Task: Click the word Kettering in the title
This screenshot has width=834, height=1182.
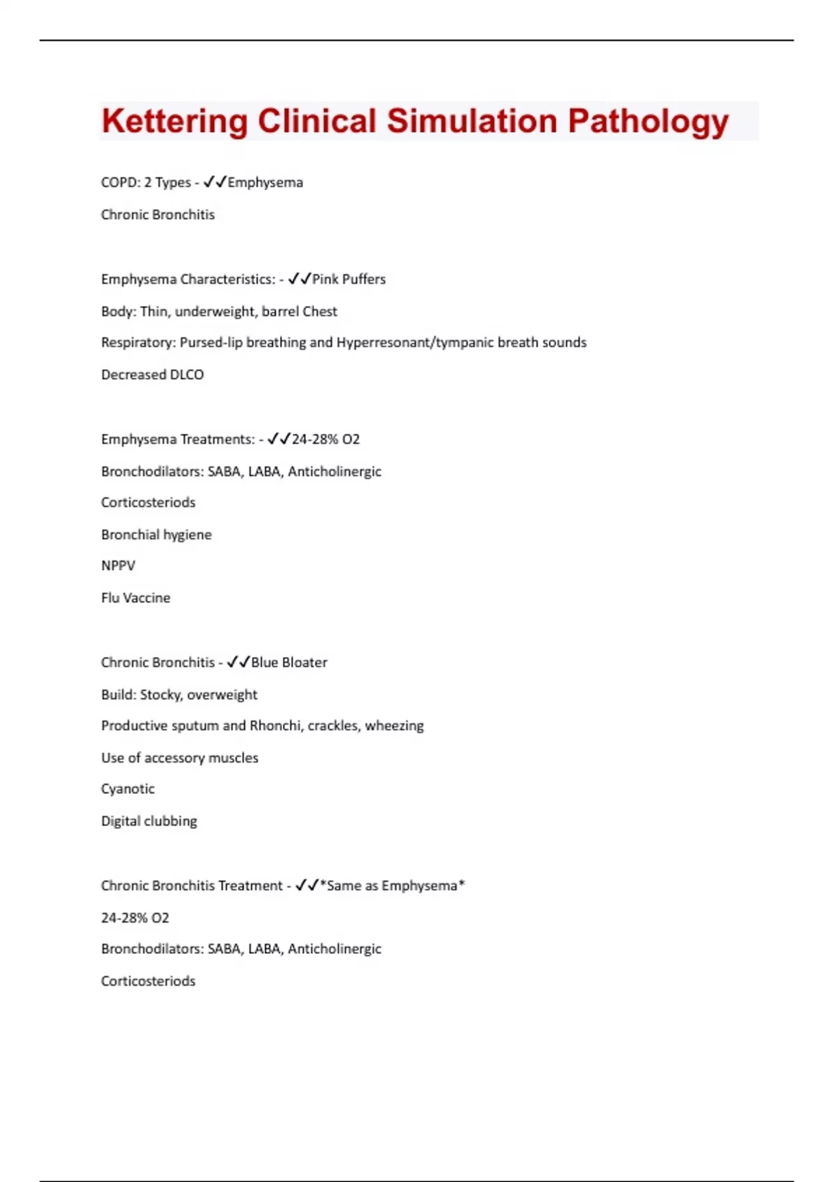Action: [174, 122]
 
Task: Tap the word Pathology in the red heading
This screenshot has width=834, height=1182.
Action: [648, 122]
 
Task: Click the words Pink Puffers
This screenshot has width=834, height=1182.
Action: [349, 280]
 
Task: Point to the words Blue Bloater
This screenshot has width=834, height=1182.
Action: [289, 663]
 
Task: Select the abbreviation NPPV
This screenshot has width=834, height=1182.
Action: [118, 566]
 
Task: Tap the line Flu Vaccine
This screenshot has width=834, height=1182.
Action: [136, 598]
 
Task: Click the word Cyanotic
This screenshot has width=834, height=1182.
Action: [128, 789]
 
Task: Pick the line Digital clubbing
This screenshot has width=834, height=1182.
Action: [149, 821]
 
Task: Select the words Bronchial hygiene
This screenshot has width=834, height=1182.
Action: [156, 535]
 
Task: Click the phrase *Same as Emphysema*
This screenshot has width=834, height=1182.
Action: [392, 886]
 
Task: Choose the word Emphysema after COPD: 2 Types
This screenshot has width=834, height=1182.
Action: [265, 183]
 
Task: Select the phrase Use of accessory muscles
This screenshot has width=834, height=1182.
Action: [179, 758]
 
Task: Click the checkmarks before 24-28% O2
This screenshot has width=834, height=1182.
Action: [279, 439]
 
